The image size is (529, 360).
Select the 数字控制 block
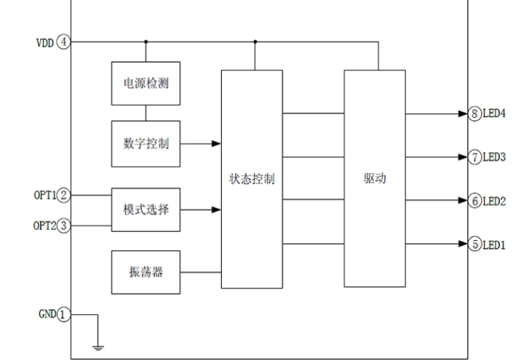tap(146, 143)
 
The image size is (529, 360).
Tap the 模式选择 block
tap(146, 209)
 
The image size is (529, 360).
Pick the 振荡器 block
tap(146, 272)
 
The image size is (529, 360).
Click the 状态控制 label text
tap(252, 179)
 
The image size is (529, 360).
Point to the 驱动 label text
tap(375, 179)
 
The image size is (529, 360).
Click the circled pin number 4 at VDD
tap(65, 41)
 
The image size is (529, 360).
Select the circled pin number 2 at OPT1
tap(65, 195)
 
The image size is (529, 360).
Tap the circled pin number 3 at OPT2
tap(65, 225)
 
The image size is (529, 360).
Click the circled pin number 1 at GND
tap(65, 314)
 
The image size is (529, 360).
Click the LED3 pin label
tap(495, 157)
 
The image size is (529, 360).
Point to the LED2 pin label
tap(495, 201)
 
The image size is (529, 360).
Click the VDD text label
tap(45, 41)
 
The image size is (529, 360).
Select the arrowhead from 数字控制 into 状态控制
tap(216, 144)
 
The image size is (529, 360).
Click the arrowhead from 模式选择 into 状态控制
tap(216, 210)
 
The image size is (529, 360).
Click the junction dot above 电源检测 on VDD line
tap(146, 41)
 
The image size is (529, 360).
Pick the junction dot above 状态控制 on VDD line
tap(255, 41)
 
